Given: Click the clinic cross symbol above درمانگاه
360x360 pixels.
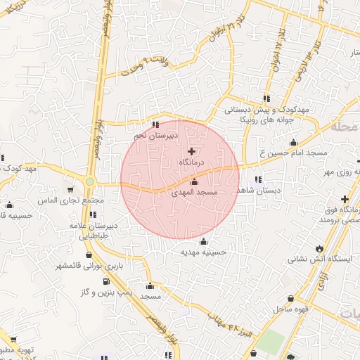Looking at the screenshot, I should tap(192, 151).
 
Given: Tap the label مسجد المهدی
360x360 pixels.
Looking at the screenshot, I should tap(195, 191).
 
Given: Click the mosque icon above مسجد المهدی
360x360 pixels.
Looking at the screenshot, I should tap(194, 182).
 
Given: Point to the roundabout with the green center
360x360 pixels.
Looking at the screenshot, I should tap(90, 182).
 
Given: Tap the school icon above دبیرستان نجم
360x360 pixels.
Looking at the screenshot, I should tap(155, 124).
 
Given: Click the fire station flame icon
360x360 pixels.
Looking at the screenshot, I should tap(320, 247).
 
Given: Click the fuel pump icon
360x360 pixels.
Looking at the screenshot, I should tap(106, 282).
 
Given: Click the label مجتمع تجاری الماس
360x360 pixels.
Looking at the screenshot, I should tap(72, 201).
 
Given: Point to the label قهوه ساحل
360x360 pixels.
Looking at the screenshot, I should tap(289, 309).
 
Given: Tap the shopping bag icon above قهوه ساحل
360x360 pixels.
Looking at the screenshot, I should tap(291, 299).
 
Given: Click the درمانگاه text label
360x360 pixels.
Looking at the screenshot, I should tap(192, 162).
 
